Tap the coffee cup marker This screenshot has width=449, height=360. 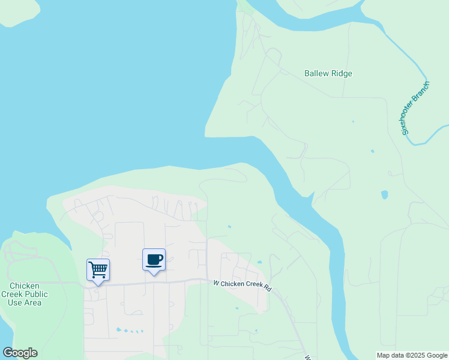pyautogui.click(x=154, y=259)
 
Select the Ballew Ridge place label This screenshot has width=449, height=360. pyautogui.click(x=328, y=74)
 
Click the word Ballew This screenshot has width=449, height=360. pyautogui.click(x=317, y=74)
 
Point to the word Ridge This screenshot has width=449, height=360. pyautogui.click(x=342, y=74)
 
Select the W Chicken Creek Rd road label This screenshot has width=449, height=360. pyautogui.click(x=243, y=285)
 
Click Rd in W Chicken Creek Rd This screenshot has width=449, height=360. pyautogui.click(x=267, y=289)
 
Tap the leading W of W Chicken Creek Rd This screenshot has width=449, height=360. pyautogui.click(x=216, y=281)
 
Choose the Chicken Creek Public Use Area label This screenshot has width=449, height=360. pyautogui.click(x=25, y=294)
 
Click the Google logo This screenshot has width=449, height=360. pyautogui.click(x=20, y=353)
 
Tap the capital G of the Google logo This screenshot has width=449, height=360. pyautogui.click(x=8, y=353)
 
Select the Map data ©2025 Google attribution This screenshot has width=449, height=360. pyautogui.click(x=412, y=355)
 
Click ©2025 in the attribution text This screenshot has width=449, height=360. pyautogui.click(x=414, y=355)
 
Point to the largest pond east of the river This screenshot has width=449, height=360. pyautogui.click(x=384, y=195)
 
